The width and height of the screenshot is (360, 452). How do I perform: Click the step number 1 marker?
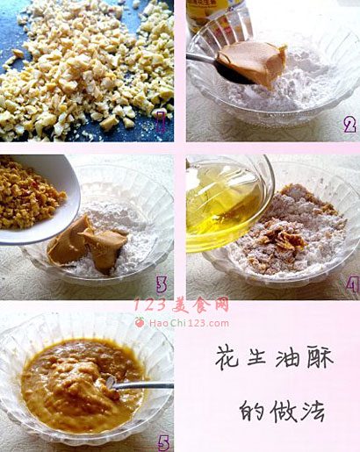point(161,120)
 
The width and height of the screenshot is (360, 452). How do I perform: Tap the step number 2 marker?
point(350,125)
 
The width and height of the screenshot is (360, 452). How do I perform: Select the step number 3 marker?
point(162,284)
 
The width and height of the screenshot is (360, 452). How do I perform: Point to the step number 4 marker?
point(351,284)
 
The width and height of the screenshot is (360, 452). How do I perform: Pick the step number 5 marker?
point(164,442)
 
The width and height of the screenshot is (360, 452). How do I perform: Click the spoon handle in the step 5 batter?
point(140,385)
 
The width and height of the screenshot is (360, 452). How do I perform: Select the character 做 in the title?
point(283,411)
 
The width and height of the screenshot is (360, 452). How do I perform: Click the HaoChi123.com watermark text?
point(189,323)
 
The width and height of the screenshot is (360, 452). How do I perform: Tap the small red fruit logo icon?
point(140,322)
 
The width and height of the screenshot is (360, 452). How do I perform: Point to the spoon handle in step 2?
point(201,58)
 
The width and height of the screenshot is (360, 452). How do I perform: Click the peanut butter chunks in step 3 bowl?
point(88,245)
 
